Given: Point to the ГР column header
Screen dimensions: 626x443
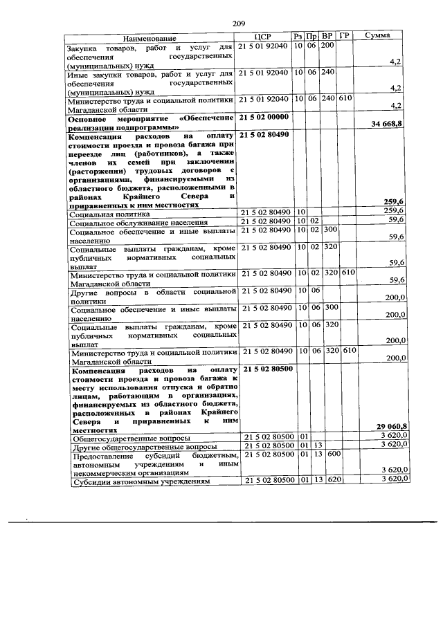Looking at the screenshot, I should [x=346, y=36].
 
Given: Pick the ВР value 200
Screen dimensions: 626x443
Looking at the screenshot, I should [x=328, y=46].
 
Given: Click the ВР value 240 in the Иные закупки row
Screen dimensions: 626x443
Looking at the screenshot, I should [x=328, y=72].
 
